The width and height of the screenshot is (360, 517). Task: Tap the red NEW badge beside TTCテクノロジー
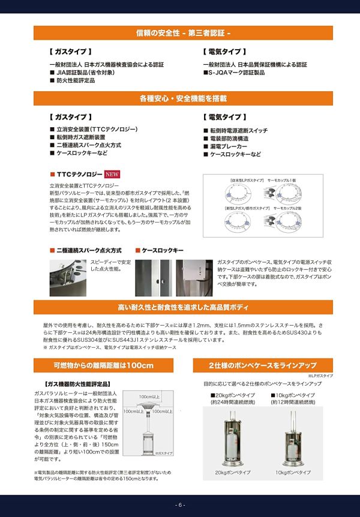tap(112, 175)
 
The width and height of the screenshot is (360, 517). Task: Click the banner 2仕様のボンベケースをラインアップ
tap(263, 365)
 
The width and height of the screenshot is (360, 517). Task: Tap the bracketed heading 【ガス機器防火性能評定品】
tap(77, 383)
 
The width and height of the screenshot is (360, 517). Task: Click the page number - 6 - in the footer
tap(180, 505)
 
